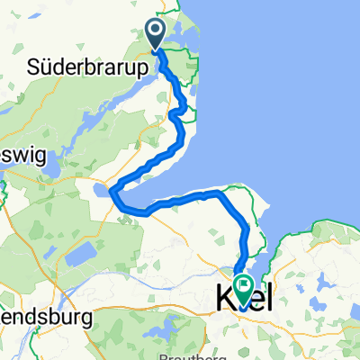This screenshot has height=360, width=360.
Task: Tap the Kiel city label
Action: tap(245, 294)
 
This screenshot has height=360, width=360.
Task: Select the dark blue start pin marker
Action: tap(156, 35)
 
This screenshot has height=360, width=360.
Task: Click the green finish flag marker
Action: tap(244, 285)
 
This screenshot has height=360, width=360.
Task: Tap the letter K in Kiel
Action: tap(224, 295)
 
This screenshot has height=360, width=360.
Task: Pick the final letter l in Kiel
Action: tap(268, 294)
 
